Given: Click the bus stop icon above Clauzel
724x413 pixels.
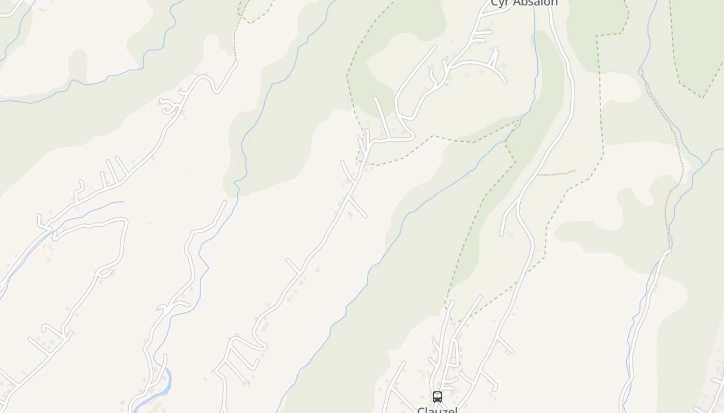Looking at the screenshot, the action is pyautogui.click(x=437, y=396).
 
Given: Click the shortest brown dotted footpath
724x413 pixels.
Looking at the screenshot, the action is pyautogui.click(x=556, y=173).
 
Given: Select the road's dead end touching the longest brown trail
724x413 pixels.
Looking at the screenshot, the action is pyautogui.click(x=669, y=250).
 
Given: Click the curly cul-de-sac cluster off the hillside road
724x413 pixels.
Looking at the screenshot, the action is pyautogui.click(x=168, y=106).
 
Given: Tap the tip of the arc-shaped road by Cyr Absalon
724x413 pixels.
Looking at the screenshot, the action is pyautogui.click(x=505, y=81).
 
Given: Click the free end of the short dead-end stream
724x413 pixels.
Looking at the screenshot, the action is pyautogui.click(x=123, y=201).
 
